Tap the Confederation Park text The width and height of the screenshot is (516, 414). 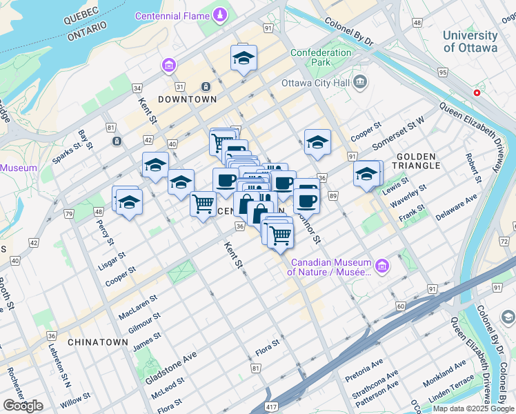tap(321, 58)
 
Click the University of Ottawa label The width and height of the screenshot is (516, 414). tap(470, 41)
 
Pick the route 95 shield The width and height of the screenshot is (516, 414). tap(442, 72)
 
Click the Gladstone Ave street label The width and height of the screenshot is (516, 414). tap(170, 367)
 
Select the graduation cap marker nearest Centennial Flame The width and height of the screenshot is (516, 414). tap(244, 59)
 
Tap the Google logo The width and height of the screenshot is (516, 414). tap(23, 406)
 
